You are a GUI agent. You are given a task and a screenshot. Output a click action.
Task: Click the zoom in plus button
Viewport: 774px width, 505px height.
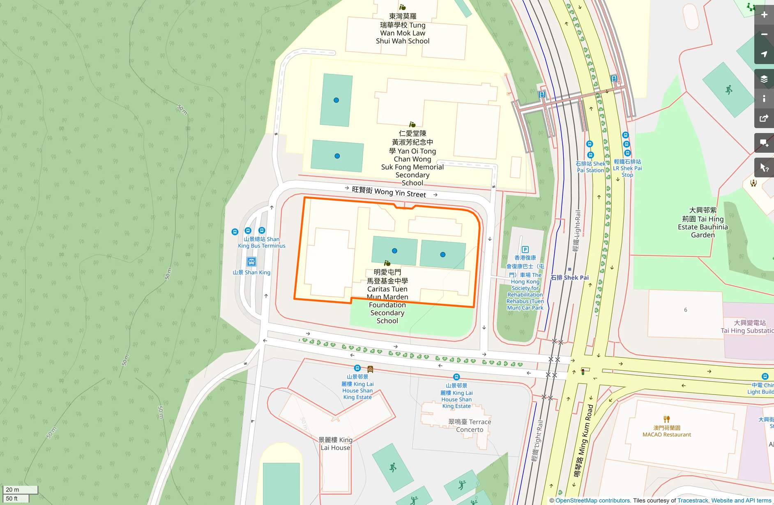click(x=764, y=15)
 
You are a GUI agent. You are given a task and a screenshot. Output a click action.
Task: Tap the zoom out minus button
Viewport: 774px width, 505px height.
click(x=764, y=34)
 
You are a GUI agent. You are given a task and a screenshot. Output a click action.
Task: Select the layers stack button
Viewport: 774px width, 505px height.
click(x=764, y=79)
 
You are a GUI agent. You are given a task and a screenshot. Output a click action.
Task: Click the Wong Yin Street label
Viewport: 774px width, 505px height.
click(x=389, y=192)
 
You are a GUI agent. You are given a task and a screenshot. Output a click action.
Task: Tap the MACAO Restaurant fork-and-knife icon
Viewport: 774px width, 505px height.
click(x=666, y=419)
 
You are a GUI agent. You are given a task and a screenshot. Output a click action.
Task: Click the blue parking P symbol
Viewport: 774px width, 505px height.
click(x=525, y=250)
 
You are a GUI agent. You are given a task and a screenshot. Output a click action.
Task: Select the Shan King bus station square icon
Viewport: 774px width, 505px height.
click(x=251, y=262)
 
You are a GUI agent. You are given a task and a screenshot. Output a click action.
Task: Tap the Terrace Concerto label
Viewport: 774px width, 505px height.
click(x=470, y=426)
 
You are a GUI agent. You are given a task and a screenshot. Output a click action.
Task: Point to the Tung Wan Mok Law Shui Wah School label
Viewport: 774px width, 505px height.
click(x=403, y=29)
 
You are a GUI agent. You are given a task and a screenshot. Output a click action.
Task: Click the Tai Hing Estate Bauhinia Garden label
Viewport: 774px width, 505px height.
click(x=703, y=223)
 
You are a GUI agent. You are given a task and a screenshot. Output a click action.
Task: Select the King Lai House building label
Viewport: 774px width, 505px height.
click(x=335, y=443)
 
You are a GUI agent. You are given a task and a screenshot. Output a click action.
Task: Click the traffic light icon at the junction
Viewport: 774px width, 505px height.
click(x=583, y=372)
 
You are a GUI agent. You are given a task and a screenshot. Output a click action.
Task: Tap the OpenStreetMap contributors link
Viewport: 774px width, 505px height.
click(x=592, y=500)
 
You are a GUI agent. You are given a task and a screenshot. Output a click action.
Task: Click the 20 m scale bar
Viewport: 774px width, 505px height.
click(x=20, y=489)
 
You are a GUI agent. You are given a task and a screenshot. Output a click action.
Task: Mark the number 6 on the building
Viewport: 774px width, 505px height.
click(x=685, y=310)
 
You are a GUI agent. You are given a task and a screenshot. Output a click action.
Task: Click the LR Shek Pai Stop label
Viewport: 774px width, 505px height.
click(x=627, y=168)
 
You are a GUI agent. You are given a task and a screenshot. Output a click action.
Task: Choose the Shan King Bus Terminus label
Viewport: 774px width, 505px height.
click(x=262, y=242)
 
